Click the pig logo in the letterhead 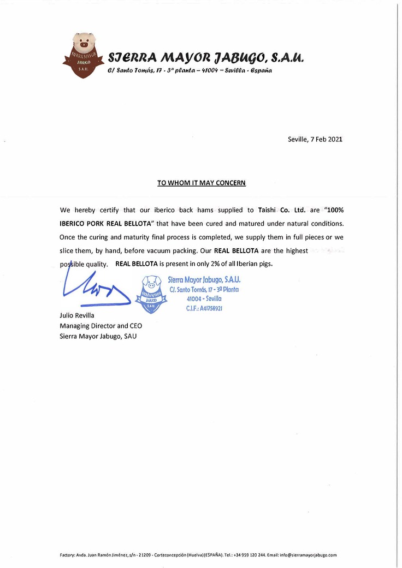[84, 56]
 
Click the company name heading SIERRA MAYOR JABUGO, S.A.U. [205, 57]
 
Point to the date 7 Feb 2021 [327, 139]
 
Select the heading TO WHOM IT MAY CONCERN [202, 183]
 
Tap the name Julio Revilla [76, 316]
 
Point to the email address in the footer [309, 555]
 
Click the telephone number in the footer [251, 555]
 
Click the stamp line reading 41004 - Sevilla [204, 299]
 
